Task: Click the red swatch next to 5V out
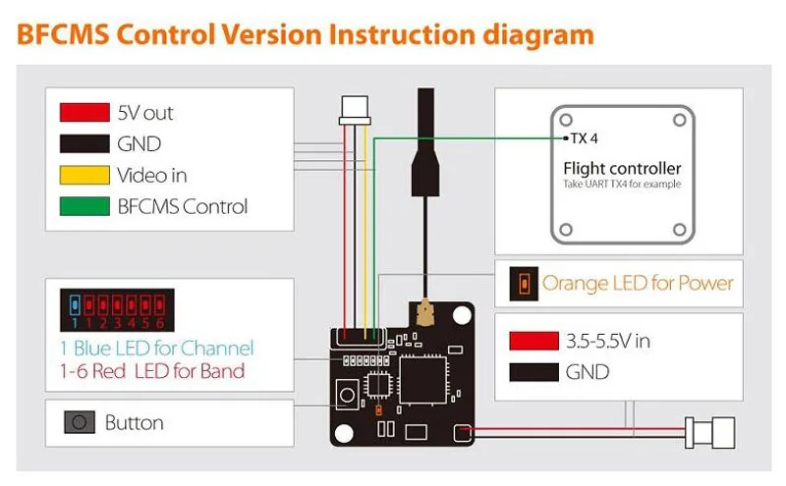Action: pyautogui.click(x=84, y=112)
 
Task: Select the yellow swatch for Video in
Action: pyautogui.click(x=84, y=175)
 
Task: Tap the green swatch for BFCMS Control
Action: pyautogui.click(x=84, y=206)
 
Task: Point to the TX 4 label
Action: pyautogui.click(x=584, y=138)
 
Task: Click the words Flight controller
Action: pyautogui.click(x=622, y=168)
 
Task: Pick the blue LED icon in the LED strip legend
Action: pyautogui.click(x=75, y=304)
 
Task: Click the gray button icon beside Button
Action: pyautogui.click(x=80, y=422)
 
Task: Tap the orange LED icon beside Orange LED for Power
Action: pyautogui.click(x=524, y=284)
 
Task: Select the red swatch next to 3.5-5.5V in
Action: pyautogui.click(x=533, y=341)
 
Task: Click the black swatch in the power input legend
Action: pyautogui.click(x=533, y=372)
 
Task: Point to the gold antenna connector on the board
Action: pyautogui.click(x=425, y=311)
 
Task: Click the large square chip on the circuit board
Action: pyautogui.click(x=422, y=380)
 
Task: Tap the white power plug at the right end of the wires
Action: pyautogui.click(x=709, y=432)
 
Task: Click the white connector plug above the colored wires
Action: pyautogui.click(x=355, y=110)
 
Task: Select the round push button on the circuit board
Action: pyautogui.click(x=347, y=395)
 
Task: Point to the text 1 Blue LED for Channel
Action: pyautogui.click(x=157, y=348)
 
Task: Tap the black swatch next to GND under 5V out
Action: pyautogui.click(x=84, y=143)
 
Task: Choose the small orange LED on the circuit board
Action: pyautogui.click(x=378, y=410)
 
